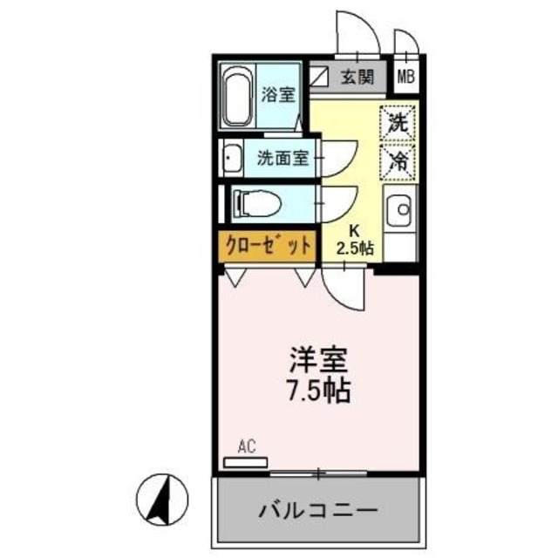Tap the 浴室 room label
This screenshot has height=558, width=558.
coord(278,95)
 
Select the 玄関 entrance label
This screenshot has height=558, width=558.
coord(358,78)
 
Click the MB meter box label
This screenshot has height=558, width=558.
coord(406,78)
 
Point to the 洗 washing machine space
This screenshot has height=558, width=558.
coord(398,122)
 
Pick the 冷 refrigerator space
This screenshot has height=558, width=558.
coord(398,160)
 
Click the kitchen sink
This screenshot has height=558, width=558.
coord(400,209)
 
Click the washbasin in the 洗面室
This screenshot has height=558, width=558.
coord(233,160)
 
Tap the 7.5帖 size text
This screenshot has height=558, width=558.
coord(318,390)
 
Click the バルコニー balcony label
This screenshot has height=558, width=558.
coord(317,509)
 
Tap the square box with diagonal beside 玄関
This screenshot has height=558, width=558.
coord(320,78)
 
